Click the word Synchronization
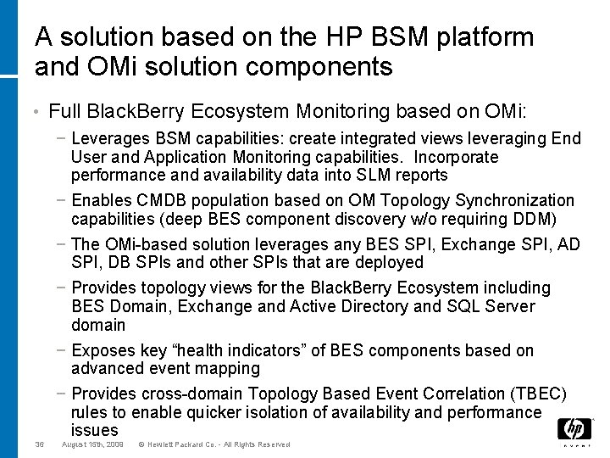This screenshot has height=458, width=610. coord(515,201)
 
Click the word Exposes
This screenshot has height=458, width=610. coord(103,350)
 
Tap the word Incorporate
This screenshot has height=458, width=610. coord(454,158)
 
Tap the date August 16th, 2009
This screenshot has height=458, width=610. coord(93,444)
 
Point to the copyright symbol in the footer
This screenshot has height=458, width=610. coord(141,444)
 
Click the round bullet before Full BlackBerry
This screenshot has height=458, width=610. coord(41,111)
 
